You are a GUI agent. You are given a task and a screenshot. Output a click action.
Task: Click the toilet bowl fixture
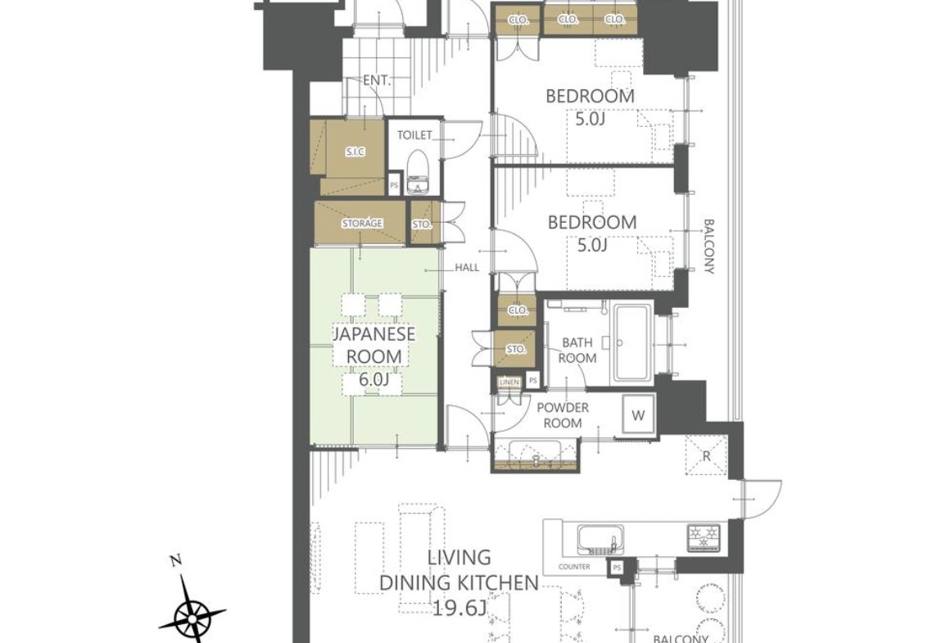click(x=419, y=173)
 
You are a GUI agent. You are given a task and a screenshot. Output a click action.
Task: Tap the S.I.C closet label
click(x=355, y=152)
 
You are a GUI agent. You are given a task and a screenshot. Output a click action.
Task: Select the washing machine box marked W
click(x=638, y=415)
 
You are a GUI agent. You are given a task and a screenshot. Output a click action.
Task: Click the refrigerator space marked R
click(x=706, y=456)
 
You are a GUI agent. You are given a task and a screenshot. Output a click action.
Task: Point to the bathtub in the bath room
click(x=635, y=345)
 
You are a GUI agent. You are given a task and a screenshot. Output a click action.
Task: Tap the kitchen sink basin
click(x=600, y=540)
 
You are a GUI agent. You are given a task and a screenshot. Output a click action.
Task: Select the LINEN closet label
click(x=509, y=381)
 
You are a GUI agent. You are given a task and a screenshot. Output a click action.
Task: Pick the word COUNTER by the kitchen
click(x=573, y=567)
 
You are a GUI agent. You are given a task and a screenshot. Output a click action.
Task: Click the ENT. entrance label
click(x=377, y=80)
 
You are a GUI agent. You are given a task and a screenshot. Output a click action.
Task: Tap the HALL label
click(x=467, y=267)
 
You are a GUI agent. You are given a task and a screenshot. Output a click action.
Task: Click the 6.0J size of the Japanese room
click(x=374, y=379)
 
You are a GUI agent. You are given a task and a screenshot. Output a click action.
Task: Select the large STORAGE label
click(x=361, y=223)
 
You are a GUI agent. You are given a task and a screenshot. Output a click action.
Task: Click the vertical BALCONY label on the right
click(x=708, y=247)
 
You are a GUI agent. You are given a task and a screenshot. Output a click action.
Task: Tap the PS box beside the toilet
click(x=394, y=184)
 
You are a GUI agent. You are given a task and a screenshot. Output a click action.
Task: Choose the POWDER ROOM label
click(x=563, y=415)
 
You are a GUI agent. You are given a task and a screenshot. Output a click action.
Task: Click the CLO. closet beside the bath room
click(x=517, y=310)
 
